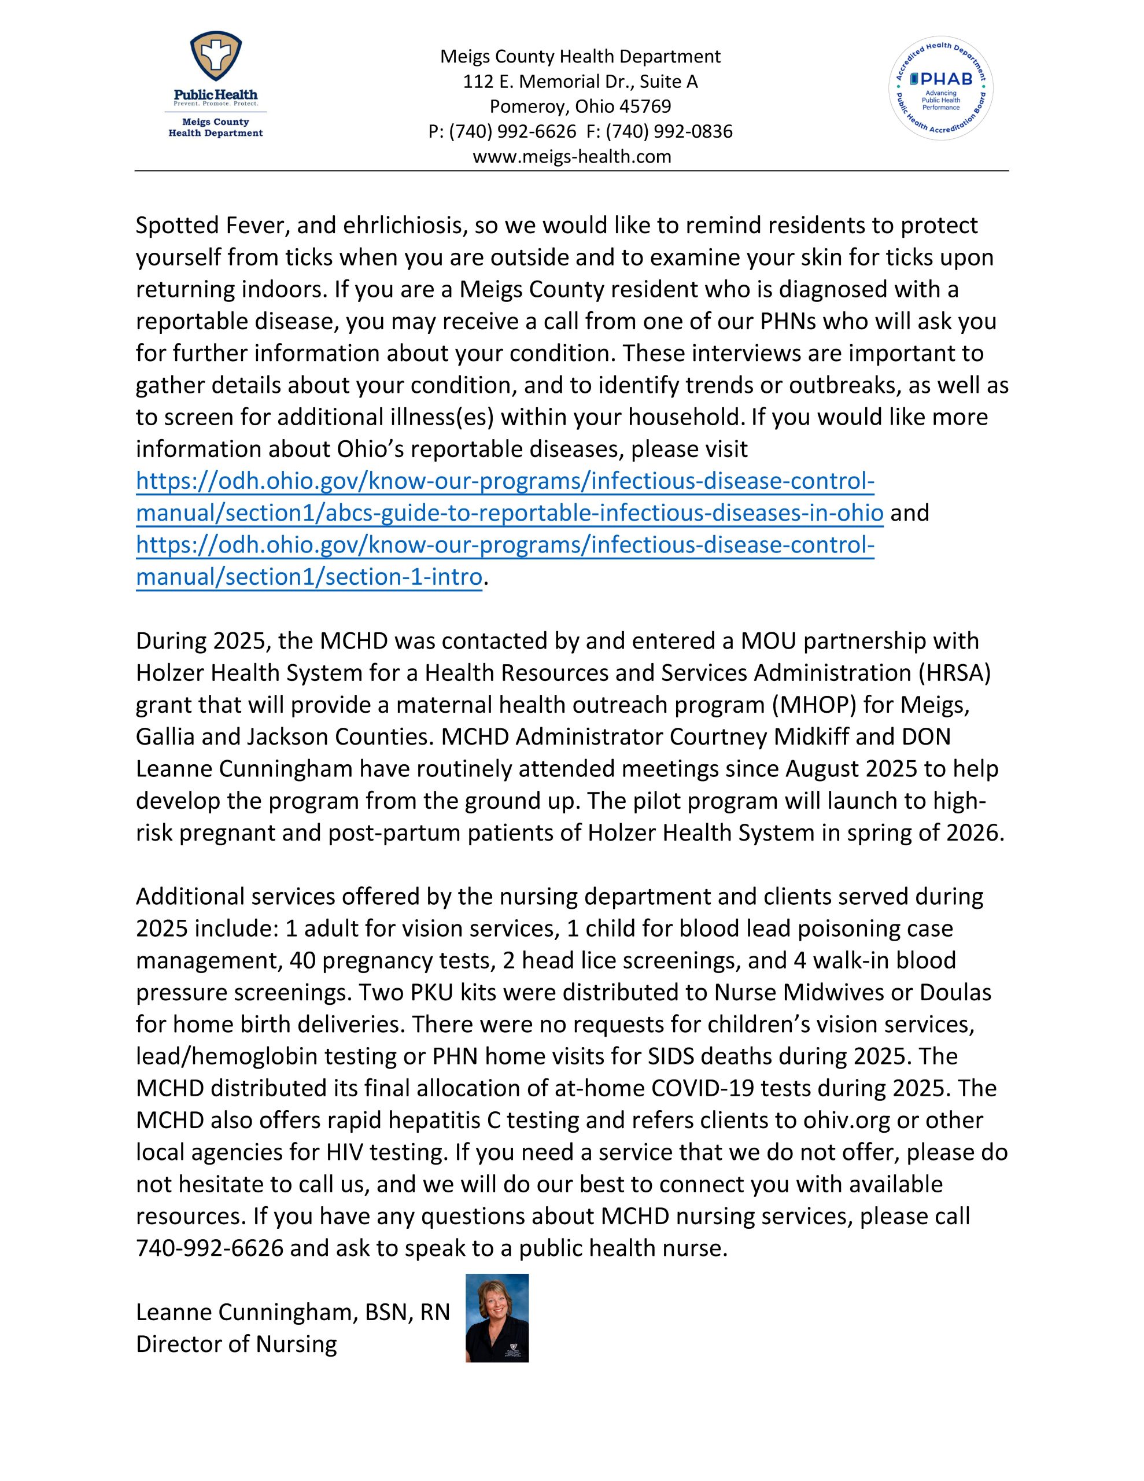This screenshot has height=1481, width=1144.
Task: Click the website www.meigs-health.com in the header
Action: pos(571,157)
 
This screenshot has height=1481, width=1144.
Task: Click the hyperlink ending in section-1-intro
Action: pos(308,577)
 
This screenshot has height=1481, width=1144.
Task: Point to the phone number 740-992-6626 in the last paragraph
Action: pos(209,1248)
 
